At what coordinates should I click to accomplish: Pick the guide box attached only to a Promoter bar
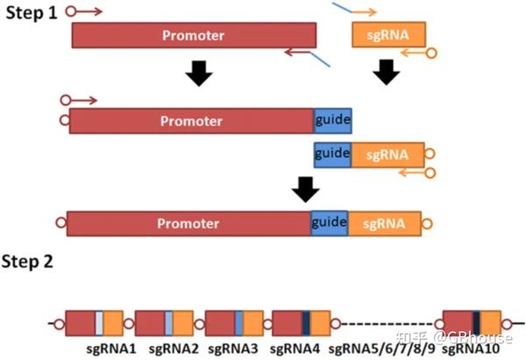[332, 121]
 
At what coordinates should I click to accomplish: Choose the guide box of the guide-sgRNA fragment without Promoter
[332, 154]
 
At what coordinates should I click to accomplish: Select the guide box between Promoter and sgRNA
[329, 222]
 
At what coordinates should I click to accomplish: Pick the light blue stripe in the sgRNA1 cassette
[100, 323]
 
